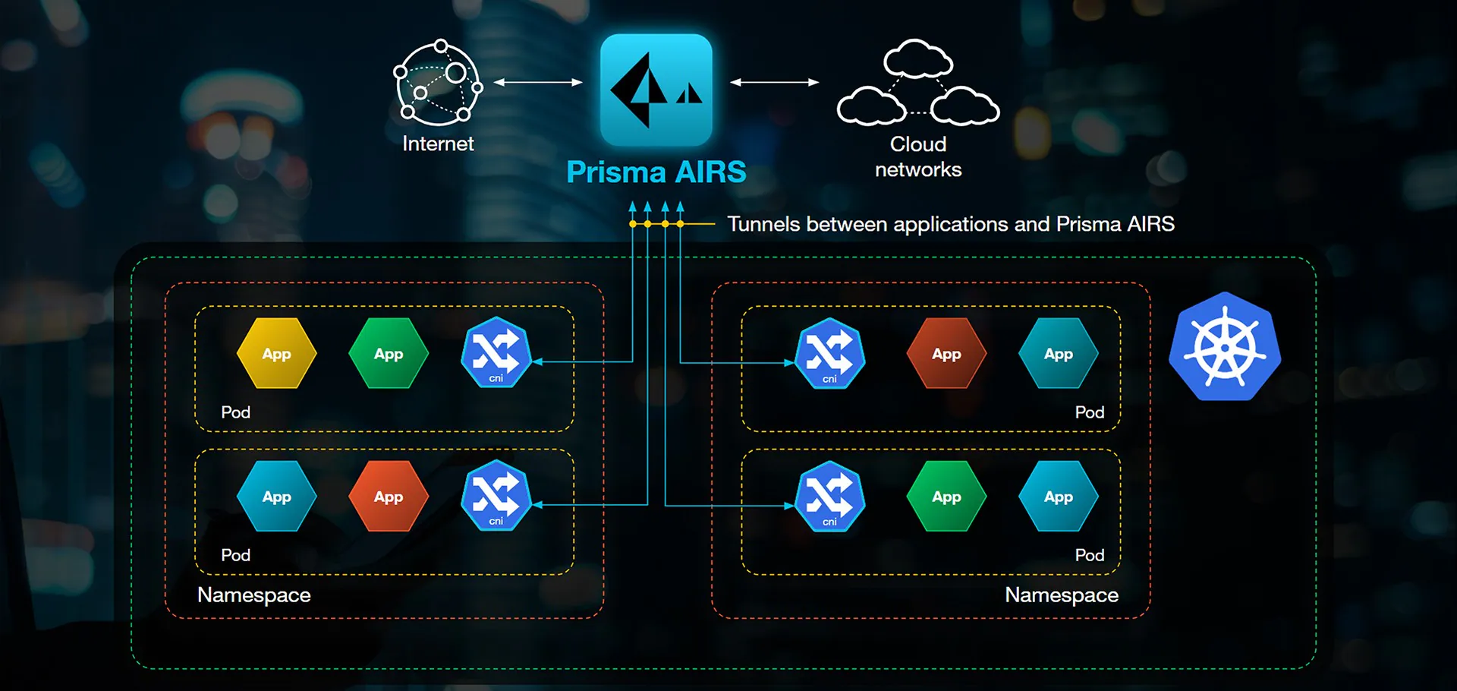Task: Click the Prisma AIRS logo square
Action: click(656, 89)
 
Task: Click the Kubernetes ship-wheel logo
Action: click(1224, 348)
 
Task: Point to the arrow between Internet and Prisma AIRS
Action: click(538, 82)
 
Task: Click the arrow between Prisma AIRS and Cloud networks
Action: click(775, 82)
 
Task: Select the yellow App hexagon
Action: click(276, 354)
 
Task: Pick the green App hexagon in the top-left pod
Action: click(388, 354)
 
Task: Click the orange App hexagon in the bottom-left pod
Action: click(388, 497)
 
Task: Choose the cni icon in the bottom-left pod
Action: click(496, 496)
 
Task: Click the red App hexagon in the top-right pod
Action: click(946, 354)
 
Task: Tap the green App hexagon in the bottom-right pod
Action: click(946, 497)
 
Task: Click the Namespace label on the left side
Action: click(253, 595)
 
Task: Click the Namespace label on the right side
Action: click(1061, 595)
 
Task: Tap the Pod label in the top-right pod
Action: click(1089, 412)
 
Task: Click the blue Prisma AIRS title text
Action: click(656, 172)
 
